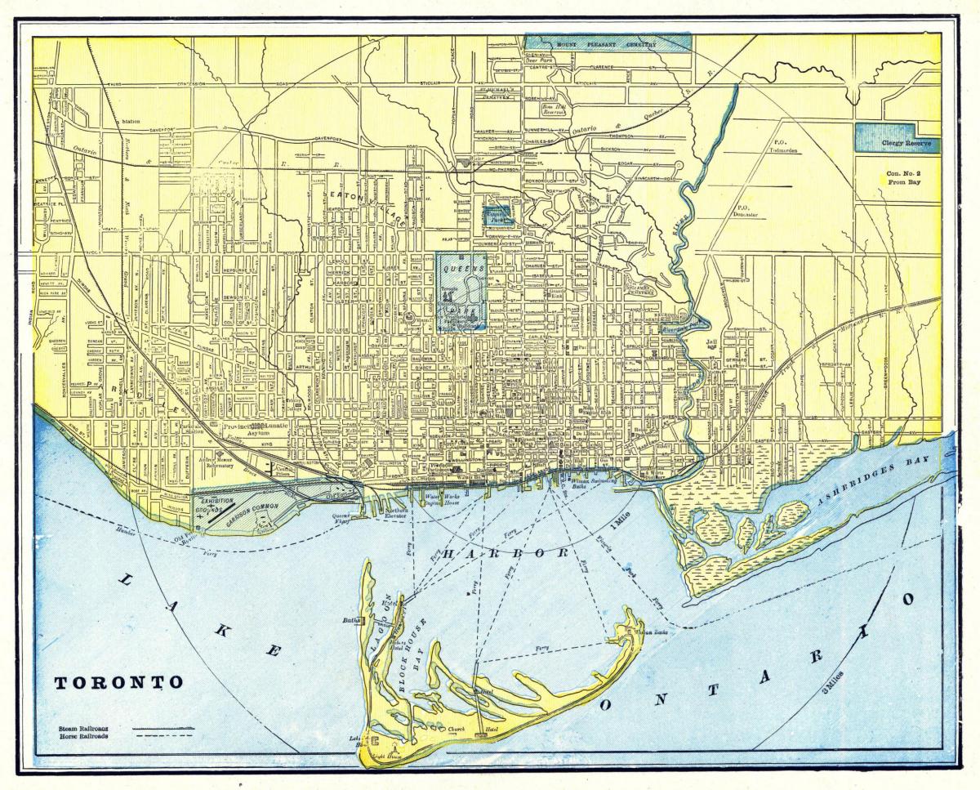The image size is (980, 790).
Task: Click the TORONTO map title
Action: click(x=119, y=682)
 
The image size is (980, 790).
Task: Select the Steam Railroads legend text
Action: click(x=84, y=726)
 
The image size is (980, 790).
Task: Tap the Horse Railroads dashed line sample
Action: click(x=163, y=735)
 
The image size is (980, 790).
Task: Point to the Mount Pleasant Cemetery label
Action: click(x=606, y=44)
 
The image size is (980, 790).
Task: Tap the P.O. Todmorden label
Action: click(x=787, y=146)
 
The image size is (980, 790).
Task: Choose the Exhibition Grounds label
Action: click(x=216, y=504)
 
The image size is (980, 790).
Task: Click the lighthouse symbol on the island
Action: click(x=397, y=745)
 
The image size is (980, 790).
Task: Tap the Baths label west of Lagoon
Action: click(x=352, y=621)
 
